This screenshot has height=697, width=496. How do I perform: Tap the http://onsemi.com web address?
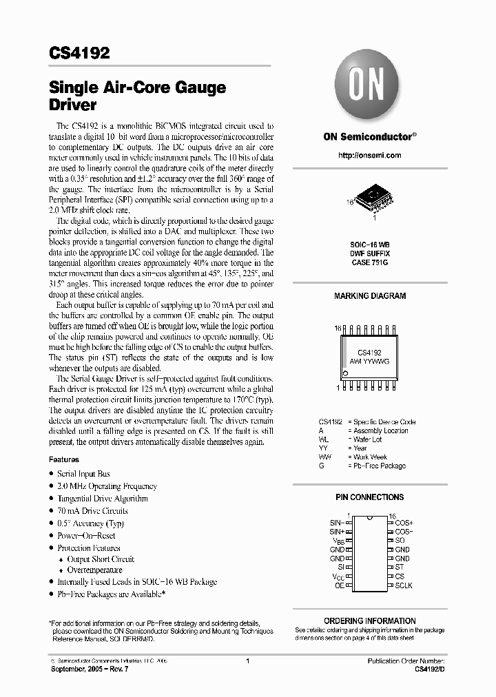(x=369, y=156)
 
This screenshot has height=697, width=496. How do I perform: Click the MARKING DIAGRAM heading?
(x=370, y=295)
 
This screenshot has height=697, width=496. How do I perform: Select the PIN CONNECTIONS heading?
(x=370, y=497)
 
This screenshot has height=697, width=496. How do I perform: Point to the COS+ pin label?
(x=404, y=523)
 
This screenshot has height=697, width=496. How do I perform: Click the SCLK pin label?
(x=404, y=585)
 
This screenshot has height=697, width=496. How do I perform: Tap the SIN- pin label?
(x=336, y=523)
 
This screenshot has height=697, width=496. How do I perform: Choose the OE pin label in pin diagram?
(x=339, y=585)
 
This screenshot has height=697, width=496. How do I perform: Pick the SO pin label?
(x=400, y=541)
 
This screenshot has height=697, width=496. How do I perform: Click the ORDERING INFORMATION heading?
(x=370, y=621)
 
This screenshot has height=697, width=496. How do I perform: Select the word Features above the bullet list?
(x=64, y=459)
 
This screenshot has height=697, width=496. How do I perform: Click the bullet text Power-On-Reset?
(x=86, y=535)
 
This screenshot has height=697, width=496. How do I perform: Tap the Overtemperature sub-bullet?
(x=94, y=570)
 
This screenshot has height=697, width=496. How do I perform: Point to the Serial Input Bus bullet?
(x=83, y=474)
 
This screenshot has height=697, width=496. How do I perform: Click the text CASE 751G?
(x=370, y=262)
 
